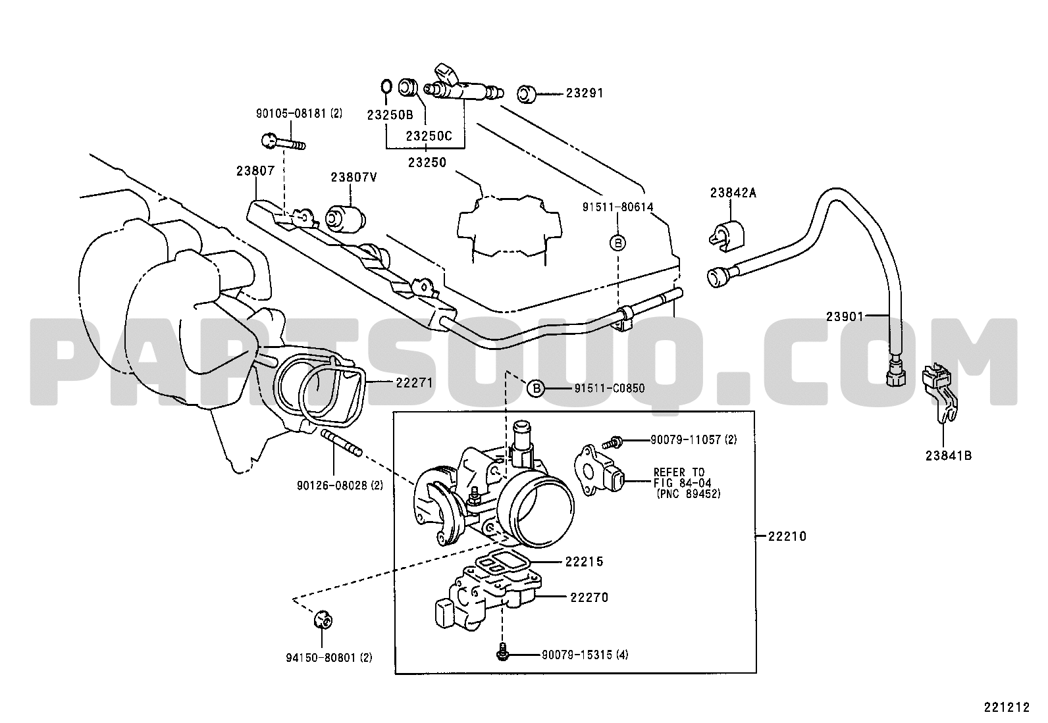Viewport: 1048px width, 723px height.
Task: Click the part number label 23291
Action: [585, 93]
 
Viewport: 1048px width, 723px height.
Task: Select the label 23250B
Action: [390, 115]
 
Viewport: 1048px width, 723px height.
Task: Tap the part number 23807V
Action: [354, 177]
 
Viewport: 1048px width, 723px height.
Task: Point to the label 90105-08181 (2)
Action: [299, 113]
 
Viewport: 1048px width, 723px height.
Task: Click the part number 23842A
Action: [733, 193]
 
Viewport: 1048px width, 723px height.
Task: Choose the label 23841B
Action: [949, 455]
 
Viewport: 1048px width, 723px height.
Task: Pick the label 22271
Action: [415, 382]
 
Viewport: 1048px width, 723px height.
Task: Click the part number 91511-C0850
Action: [610, 388]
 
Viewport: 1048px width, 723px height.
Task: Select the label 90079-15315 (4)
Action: [585, 655]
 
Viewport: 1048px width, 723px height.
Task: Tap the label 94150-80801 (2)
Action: [329, 657]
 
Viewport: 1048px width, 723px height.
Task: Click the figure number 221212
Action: [1007, 708]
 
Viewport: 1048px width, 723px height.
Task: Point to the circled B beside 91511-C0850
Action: [536, 388]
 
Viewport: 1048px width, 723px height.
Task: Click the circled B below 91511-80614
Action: [618, 243]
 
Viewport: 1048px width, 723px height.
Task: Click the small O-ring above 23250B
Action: [386, 87]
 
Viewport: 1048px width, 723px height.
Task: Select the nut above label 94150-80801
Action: [323, 620]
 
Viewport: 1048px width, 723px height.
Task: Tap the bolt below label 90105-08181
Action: [283, 141]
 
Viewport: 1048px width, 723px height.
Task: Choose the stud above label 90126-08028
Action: [341, 443]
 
